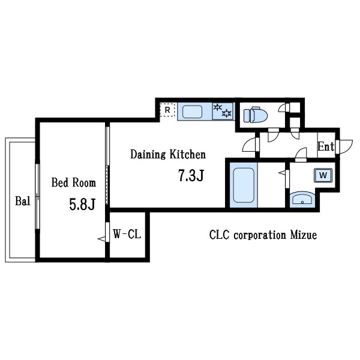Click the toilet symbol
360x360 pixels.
point(256,115)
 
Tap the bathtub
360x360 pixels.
point(244,185)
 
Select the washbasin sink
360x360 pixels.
point(302,199)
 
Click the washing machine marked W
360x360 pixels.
point(323,175)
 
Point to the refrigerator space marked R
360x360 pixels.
point(167,110)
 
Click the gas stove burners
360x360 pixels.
point(223,110)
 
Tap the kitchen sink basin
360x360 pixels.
point(192,112)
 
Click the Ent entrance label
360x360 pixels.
point(326,146)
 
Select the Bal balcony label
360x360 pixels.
point(23,201)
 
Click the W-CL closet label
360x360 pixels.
point(127,234)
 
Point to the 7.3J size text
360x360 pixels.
point(191,175)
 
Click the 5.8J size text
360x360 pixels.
point(82,204)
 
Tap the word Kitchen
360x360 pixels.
point(188,154)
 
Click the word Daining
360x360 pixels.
point(148,155)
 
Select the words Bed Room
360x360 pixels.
point(74,182)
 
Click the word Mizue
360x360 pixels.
point(304,235)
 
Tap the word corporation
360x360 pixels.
point(260,236)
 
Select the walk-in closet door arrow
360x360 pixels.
point(101,239)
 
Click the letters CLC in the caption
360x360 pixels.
point(219,235)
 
